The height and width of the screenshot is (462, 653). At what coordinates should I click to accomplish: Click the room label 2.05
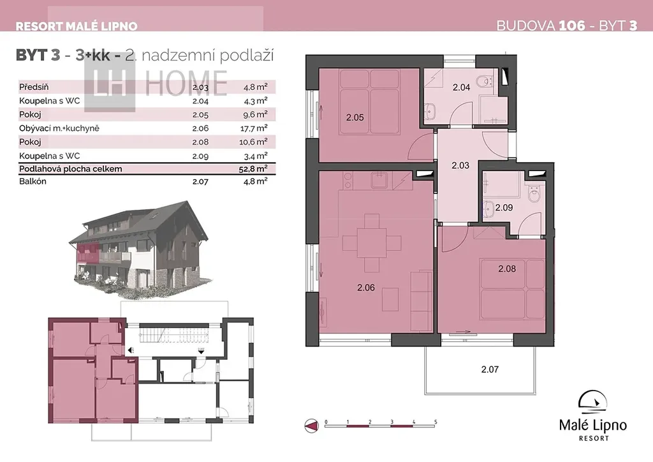[x=355, y=117]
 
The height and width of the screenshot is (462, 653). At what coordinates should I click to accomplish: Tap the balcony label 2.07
[x=490, y=369]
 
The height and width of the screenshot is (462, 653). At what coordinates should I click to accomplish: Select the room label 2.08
[x=507, y=269]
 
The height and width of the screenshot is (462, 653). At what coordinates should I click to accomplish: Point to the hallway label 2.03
[x=460, y=165]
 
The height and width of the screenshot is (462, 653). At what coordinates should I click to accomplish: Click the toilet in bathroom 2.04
[x=485, y=81]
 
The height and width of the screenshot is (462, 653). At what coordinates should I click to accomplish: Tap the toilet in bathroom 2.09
[x=534, y=193]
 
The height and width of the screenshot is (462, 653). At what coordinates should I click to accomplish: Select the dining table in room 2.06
[x=372, y=242]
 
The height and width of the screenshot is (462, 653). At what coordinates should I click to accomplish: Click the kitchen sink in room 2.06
[x=379, y=181]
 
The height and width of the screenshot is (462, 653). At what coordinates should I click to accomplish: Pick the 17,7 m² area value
[x=254, y=128]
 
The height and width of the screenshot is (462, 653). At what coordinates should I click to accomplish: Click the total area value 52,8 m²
[x=253, y=168]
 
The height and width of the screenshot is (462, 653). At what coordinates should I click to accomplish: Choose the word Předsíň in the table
[x=34, y=87]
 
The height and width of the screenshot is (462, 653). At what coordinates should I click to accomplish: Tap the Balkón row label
[x=33, y=181]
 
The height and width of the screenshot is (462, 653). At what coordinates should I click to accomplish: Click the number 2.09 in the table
[x=200, y=156]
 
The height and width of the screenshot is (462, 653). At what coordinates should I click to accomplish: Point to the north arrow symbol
[x=311, y=426]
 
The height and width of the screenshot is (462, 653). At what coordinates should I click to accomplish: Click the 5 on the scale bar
[x=436, y=422]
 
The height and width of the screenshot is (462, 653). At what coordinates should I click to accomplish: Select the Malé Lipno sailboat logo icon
[x=592, y=402]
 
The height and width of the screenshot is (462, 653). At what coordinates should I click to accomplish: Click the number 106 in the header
[x=572, y=26]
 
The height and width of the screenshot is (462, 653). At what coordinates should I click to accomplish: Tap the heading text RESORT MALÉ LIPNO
[x=77, y=26]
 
